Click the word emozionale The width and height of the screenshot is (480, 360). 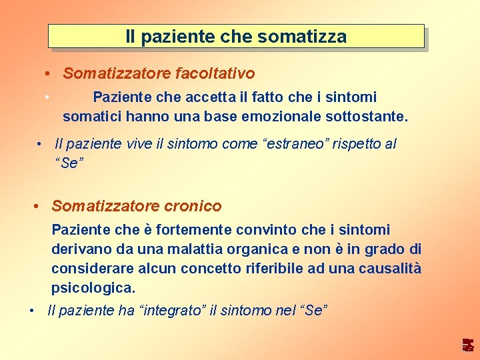click(x=288, y=117)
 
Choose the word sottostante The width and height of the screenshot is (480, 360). click(x=367, y=117)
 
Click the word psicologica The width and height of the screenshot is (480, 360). click(x=93, y=289)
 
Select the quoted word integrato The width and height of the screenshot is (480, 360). click(x=173, y=311)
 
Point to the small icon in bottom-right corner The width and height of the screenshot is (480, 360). click(x=469, y=345)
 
